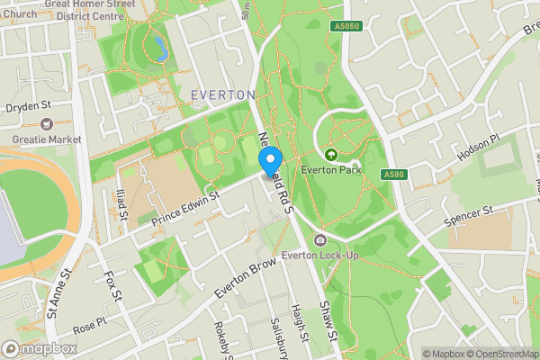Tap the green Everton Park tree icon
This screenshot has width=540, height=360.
coord(330,155)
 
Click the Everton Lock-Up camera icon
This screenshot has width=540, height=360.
coord(320,239)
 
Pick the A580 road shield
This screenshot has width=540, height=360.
coord(391,174)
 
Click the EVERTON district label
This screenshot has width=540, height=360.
coord(224,94)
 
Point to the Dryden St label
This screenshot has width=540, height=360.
coord(30,106)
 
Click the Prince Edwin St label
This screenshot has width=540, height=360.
coord(185,208)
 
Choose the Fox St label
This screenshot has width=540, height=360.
coord(112,289)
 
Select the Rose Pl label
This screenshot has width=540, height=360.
coord(90,324)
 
